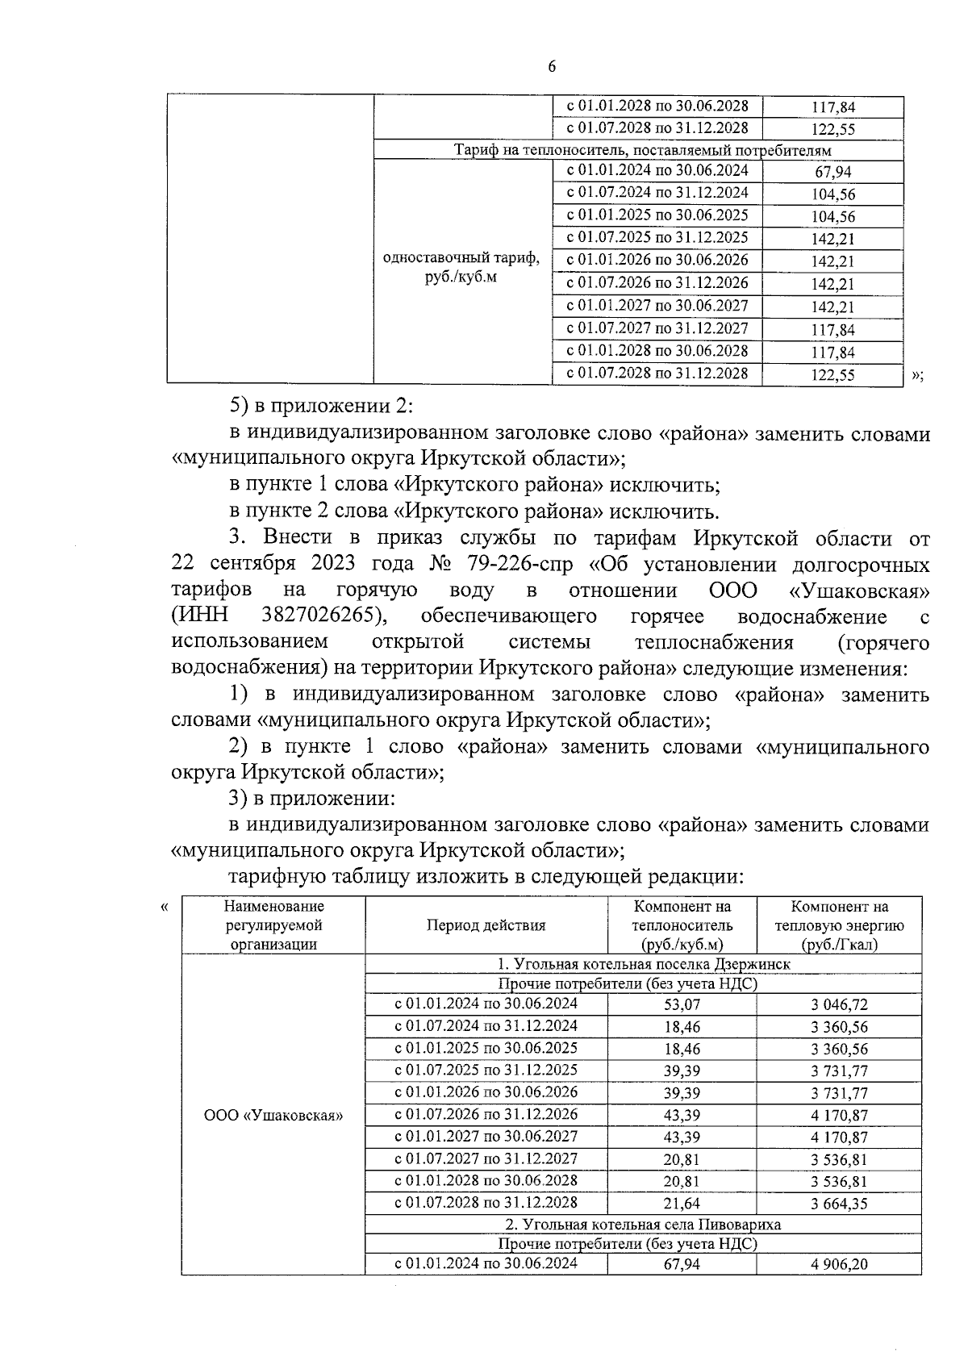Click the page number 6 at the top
pyautogui.click(x=552, y=68)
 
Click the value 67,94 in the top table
pyautogui.click(x=832, y=172)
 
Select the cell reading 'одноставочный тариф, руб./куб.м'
pyautogui.click(x=461, y=267)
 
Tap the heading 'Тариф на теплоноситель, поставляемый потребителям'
pyautogui.click(x=642, y=150)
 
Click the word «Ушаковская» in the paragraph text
pyautogui.click(x=857, y=591)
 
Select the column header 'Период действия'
pyautogui.click(x=486, y=925)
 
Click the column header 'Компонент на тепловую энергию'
pyautogui.click(x=839, y=925)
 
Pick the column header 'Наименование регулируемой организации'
pyautogui.click(x=273, y=925)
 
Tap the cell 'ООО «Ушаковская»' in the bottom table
pyautogui.click(x=273, y=1116)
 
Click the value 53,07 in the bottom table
pyautogui.click(x=682, y=1004)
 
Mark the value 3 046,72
pyautogui.click(x=839, y=1004)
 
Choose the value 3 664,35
pyautogui.click(x=839, y=1204)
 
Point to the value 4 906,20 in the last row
pyautogui.click(x=839, y=1264)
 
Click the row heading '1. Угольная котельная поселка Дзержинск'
pyautogui.click(x=642, y=964)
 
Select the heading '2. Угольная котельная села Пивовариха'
pyautogui.click(x=642, y=1224)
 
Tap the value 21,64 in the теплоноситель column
pyautogui.click(x=682, y=1204)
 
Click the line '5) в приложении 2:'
pyautogui.click(x=321, y=406)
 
